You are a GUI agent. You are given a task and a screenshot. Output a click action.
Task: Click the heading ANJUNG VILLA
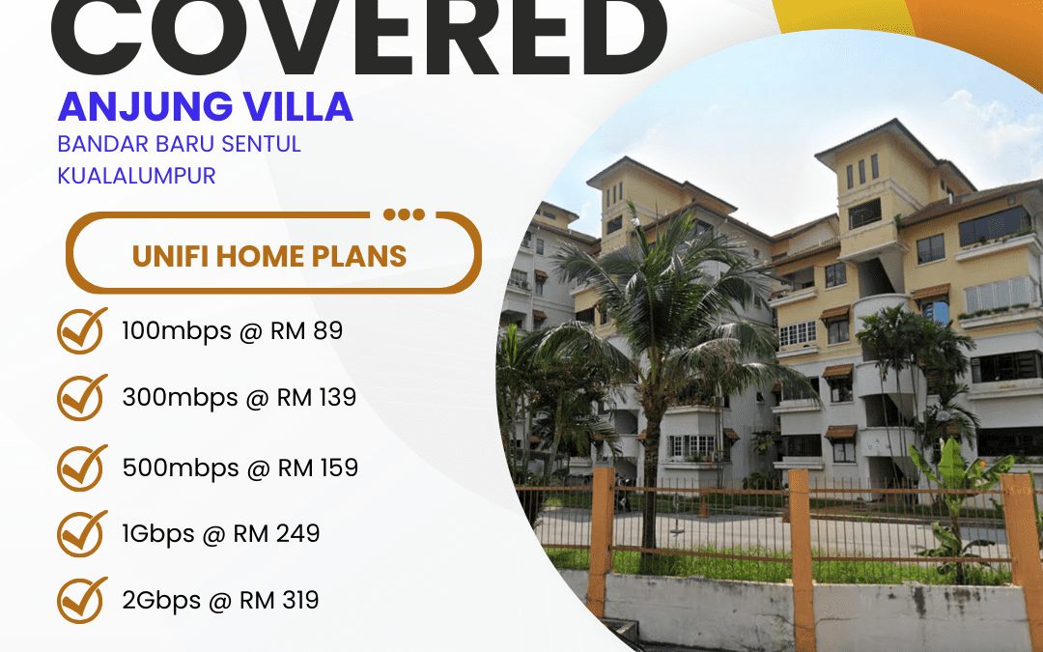pyautogui.click(x=205, y=106)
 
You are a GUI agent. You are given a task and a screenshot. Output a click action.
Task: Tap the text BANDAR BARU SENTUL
pyautogui.click(x=179, y=144)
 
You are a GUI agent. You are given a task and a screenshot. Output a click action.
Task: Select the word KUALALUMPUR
pyautogui.click(x=136, y=176)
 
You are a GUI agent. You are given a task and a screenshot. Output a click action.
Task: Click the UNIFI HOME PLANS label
pyautogui.click(x=269, y=256)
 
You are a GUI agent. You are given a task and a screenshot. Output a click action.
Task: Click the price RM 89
pyautogui.click(x=307, y=330)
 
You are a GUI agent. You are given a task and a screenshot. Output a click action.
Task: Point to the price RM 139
pyautogui.click(x=317, y=397)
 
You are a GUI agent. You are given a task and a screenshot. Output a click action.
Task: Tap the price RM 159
pyautogui.click(x=318, y=468)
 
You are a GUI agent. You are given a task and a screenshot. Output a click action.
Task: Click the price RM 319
pyautogui.click(x=279, y=600)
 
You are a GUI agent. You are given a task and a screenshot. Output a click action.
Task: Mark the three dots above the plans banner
pyautogui.click(x=404, y=214)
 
